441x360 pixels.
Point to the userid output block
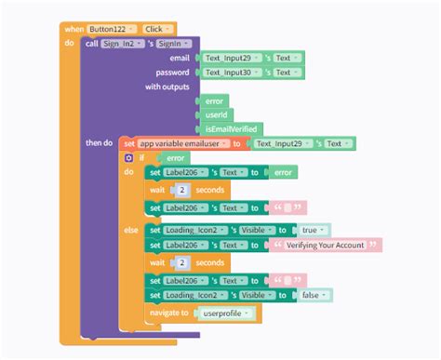(x=217, y=115)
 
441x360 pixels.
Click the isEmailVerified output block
(x=229, y=129)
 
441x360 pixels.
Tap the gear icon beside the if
(x=129, y=158)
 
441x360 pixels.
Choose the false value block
(x=314, y=295)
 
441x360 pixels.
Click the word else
(x=131, y=228)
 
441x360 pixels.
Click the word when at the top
(x=73, y=30)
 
